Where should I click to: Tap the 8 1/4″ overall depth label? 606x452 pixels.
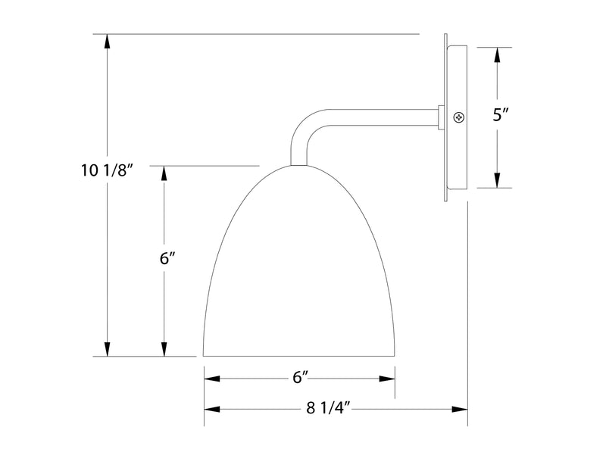tap(326, 409)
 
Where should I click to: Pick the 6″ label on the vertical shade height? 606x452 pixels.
tap(167, 257)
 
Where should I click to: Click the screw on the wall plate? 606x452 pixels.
tap(458, 117)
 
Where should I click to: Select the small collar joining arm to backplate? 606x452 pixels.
tap(441, 117)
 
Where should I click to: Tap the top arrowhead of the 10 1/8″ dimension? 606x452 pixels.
tap(108, 43)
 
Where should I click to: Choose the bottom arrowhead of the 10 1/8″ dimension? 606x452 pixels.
tap(108, 347)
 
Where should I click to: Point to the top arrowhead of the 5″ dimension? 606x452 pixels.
tap(497, 56)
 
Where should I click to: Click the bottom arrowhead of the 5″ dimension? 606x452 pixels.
tap(497, 179)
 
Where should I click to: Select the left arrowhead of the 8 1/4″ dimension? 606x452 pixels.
tap(213, 409)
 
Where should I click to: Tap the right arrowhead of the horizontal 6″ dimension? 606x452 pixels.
tap(386, 377)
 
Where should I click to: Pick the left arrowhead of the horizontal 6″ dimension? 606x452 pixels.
tap(213, 377)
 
